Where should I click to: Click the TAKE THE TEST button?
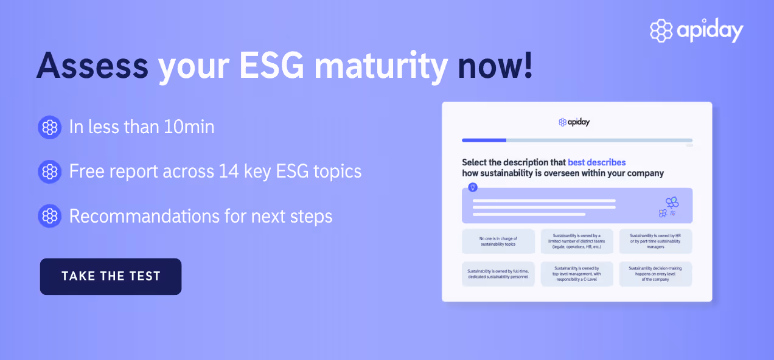tap(111, 276)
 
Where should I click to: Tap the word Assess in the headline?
tap(92, 65)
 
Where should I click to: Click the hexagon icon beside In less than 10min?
tap(50, 127)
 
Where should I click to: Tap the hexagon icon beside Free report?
tap(50, 171)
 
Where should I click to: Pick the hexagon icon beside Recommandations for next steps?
tap(50, 216)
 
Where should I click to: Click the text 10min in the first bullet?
tap(188, 126)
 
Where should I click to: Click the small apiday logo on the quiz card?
tap(574, 122)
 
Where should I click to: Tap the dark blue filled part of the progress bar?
tap(484, 140)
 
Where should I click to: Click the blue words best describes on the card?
tap(596, 162)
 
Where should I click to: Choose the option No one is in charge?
tap(498, 241)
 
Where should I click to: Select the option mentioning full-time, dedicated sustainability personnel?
tap(498, 274)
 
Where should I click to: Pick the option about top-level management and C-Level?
tap(576, 274)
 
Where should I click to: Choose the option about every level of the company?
tap(655, 274)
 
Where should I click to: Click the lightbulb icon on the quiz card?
tap(473, 187)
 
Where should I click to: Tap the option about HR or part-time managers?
tap(655, 241)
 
